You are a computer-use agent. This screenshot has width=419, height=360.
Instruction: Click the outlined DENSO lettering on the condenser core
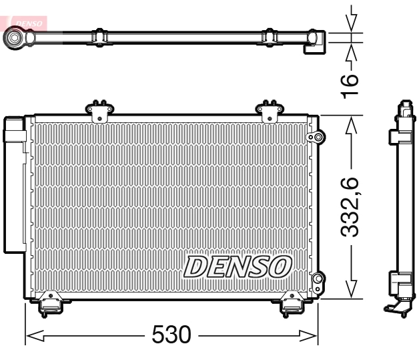click(x=237, y=266)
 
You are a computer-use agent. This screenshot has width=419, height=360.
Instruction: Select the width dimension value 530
click(x=171, y=335)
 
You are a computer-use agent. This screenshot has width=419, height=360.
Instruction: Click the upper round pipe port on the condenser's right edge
click(x=318, y=138)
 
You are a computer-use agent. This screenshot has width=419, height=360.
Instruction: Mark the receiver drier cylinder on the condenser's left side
click(x=14, y=185)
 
